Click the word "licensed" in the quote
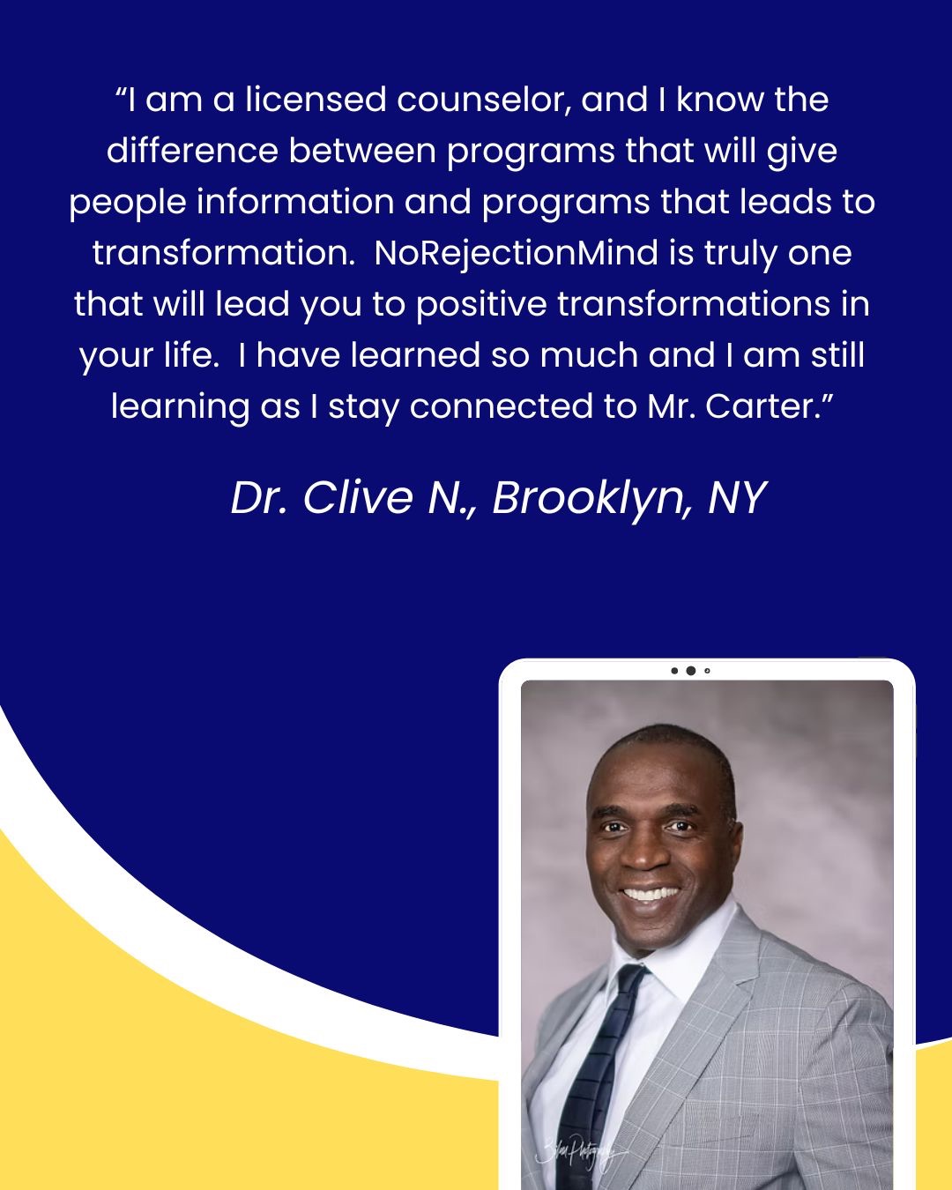pos(316,100)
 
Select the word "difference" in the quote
pos(192,151)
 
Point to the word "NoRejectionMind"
pos(516,253)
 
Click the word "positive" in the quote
pos(481,305)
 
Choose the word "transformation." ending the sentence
pos(224,253)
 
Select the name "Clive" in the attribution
pos(357,498)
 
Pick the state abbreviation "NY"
pos(738,498)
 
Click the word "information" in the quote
pos(295,203)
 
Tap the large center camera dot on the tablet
pos(691,671)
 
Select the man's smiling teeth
pos(650,895)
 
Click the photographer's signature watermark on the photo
pos(579,1153)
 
